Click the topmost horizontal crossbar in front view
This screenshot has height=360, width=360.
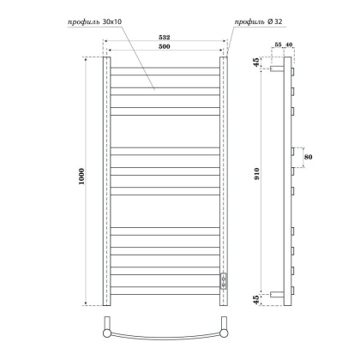pyautogui.click(x=165, y=69)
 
